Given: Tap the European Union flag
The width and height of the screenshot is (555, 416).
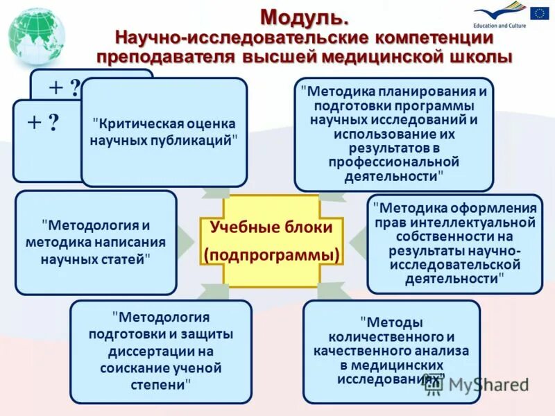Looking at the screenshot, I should click(539, 13).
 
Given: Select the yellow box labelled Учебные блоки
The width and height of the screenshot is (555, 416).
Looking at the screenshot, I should click(271, 240).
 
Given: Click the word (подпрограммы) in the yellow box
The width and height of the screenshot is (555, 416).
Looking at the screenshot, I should click(271, 255).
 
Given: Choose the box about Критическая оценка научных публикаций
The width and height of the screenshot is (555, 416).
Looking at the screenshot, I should click(164, 132).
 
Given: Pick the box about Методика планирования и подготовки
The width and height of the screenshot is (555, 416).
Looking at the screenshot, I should click(393, 134).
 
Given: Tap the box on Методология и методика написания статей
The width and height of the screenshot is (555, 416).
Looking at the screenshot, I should click(96, 243).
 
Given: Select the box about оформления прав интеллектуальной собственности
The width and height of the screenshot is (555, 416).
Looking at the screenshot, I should click(454, 243).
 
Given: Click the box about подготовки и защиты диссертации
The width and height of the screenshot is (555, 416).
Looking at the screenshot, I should click(161, 352).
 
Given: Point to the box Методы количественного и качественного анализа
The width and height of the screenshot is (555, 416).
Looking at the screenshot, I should click(391, 352).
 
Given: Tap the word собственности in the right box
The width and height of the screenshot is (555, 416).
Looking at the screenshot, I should click(454, 238).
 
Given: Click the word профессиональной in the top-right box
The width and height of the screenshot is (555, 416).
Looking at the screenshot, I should click(394, 162).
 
